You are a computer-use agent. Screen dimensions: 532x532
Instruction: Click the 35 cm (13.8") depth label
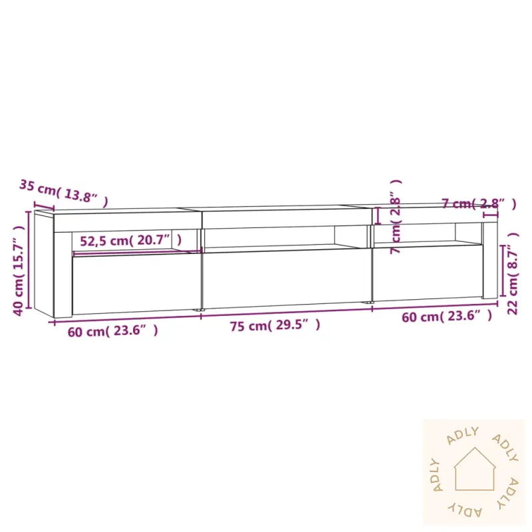point(63,191)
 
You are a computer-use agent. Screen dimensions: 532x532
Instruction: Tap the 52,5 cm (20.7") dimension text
point(130,241)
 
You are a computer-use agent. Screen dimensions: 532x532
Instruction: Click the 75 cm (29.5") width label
point(275,325)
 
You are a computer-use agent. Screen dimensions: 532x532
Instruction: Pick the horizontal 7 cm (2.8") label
point(478,203)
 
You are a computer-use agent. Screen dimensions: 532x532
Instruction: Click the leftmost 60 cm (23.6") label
point(112,331)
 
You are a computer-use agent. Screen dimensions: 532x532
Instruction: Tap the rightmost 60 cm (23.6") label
point(447,317)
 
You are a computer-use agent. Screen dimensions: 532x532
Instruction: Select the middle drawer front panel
point(285,278)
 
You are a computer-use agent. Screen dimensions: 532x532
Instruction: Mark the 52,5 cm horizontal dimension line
point(136,252)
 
